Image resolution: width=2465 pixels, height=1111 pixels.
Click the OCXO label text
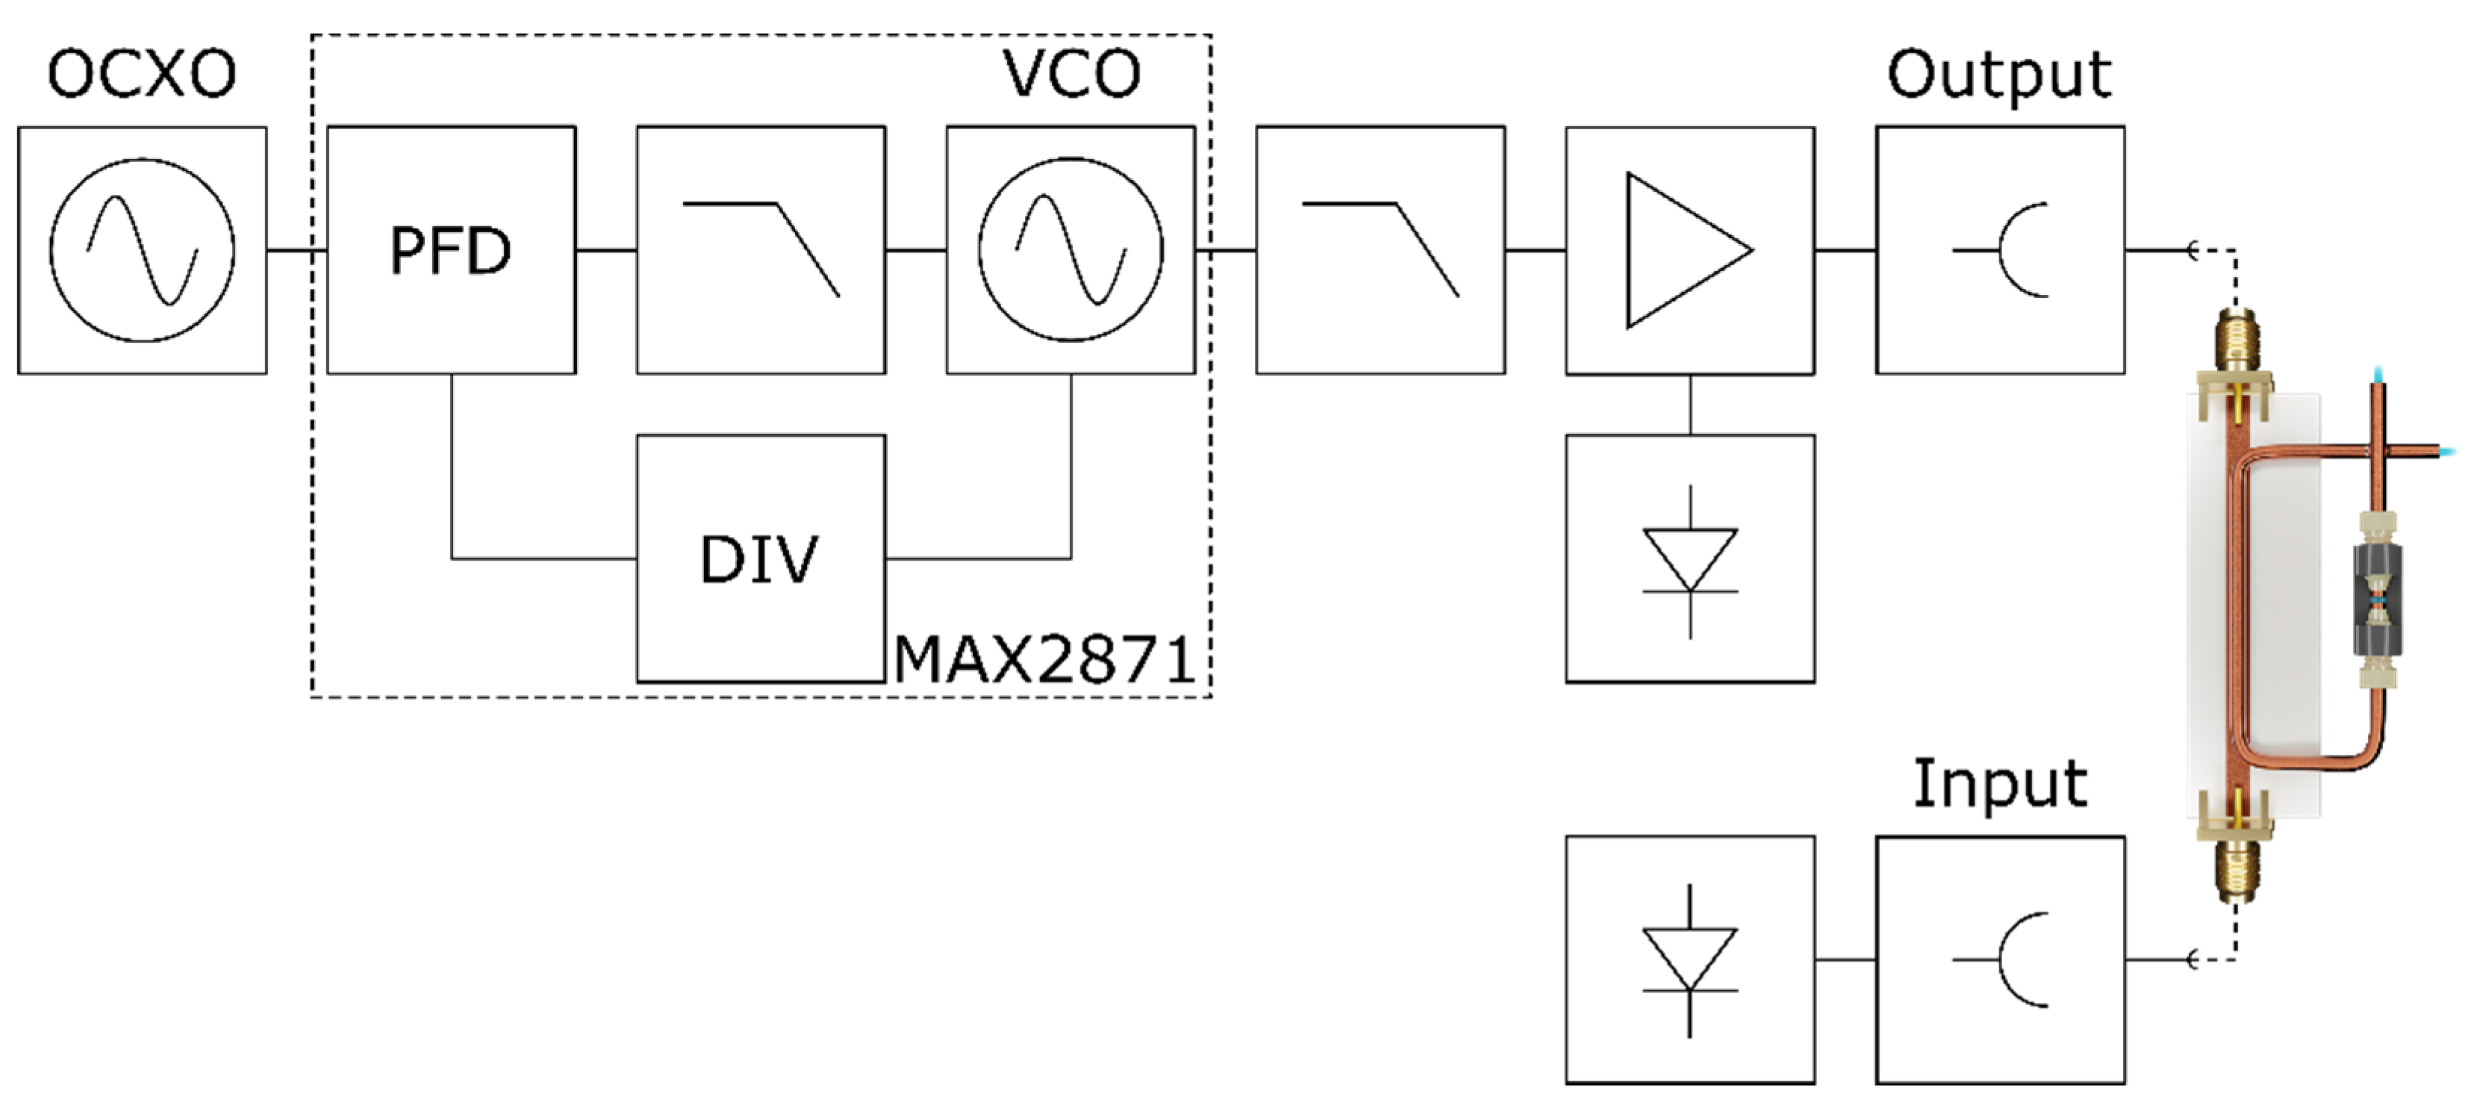coord(142,75)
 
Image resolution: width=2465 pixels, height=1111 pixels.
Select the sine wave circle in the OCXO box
coord(142,251)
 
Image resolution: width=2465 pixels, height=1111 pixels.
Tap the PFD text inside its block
coord(451,252)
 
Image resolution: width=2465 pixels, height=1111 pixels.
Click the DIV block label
coord(760,560)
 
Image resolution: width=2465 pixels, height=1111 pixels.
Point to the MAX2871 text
coord(1045,660)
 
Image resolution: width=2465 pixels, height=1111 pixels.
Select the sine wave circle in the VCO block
coord(1071,251)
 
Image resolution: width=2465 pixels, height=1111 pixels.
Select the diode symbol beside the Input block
coord(1690,959)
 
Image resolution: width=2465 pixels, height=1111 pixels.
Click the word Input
coord(1999,785)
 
